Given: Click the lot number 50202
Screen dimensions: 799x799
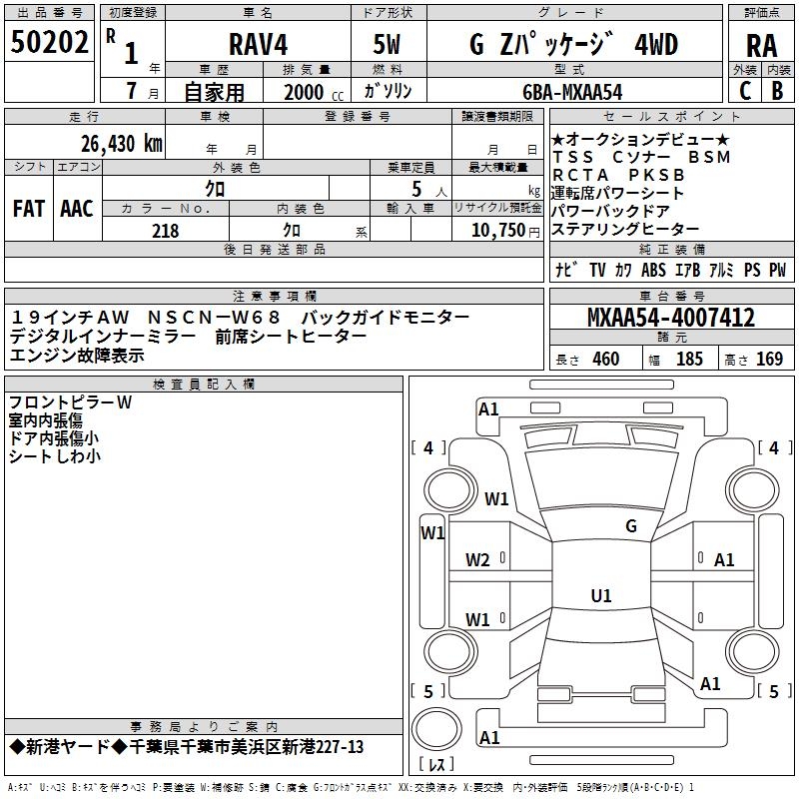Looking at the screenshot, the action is coord(50,43).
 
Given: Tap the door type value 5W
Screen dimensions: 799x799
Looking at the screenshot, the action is coord(389,45).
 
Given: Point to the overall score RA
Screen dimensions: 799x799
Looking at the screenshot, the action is coord(761,45).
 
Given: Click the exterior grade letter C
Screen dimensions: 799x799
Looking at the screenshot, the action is coord(745,90).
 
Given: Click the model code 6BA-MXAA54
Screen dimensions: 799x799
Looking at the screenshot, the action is coord(573,91).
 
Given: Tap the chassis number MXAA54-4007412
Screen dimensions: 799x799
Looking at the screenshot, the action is coord(670,318).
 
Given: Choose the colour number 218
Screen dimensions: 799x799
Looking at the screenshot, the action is coord(165,231).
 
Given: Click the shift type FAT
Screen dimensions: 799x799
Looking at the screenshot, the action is coord(29,208).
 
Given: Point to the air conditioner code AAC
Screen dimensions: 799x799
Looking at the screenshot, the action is coord(77,208).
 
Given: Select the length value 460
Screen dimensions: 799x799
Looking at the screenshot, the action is coord(605,359).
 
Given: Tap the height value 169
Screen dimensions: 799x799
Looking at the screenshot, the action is coord(769,359).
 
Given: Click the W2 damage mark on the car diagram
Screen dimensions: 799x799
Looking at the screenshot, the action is coord(477,559).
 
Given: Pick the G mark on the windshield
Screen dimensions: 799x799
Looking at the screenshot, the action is coord(630,525).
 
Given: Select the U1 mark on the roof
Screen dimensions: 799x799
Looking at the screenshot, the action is coord(600,595).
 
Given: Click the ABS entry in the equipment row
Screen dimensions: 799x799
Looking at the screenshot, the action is coord(653,270).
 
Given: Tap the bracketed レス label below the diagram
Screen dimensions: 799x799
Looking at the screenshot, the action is coord(435,764).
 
